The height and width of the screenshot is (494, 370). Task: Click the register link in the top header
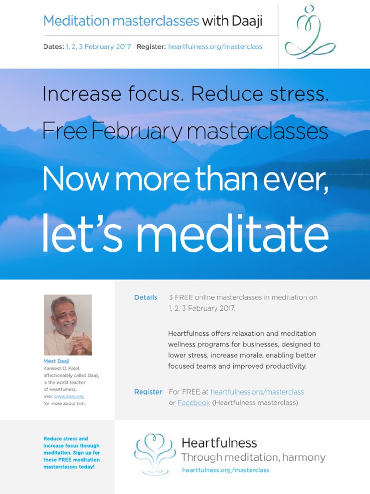(x=215, y=47)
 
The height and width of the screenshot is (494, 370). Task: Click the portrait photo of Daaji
(x=68, y=325)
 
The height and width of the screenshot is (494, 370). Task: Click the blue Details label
(x=145, y=297)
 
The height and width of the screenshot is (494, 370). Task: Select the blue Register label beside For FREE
(x=148, y=392)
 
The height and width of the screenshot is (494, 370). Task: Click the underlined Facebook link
(x=194, y=403)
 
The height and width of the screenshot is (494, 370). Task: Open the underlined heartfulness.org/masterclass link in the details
(x=257, y=392)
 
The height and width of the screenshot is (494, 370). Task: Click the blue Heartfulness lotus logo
(x=155, y=453)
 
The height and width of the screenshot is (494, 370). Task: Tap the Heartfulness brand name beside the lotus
(x=219, y=443)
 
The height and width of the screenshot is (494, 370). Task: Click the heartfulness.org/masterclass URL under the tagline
(x=225, y=470)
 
